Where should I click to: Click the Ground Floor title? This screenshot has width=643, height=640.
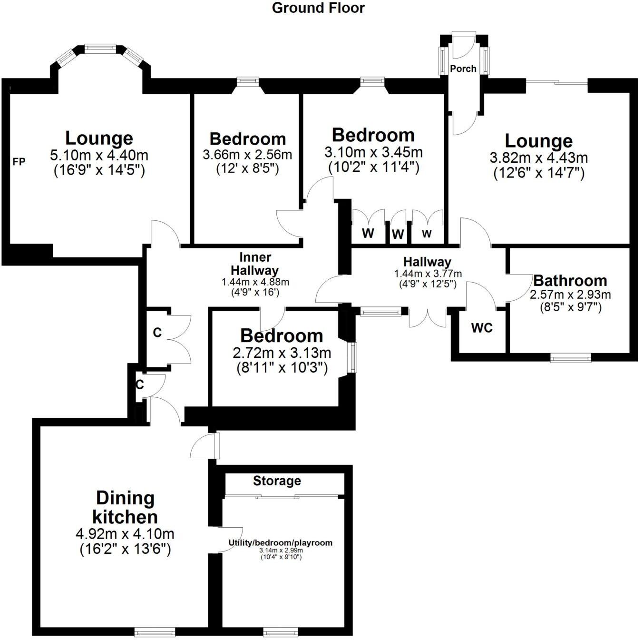pos(318,8)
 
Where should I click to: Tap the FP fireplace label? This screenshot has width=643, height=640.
pos(19,162)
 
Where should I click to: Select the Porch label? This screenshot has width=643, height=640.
pos(463,69)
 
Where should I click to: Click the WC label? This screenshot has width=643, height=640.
pos(482,328)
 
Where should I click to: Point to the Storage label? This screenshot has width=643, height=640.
pos(277,481)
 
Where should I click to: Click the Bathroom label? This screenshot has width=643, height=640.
pos(570,280)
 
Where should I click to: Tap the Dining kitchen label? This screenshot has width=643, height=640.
pos(126,507)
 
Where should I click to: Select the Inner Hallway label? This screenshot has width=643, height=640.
pos(255,264)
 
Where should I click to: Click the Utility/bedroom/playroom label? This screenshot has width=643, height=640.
pos(281,543)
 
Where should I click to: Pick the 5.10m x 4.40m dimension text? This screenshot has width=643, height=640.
pos(99,155)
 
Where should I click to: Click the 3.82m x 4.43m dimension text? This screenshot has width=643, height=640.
pos(539,158)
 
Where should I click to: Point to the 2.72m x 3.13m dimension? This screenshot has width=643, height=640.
pos(282,353)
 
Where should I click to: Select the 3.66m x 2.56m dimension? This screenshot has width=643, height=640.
pos(247,155)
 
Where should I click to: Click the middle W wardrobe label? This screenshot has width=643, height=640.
pos(398,234)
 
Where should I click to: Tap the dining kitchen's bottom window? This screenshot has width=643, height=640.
pos(155,632)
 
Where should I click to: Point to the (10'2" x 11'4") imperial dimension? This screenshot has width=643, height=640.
pos(373,167)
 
